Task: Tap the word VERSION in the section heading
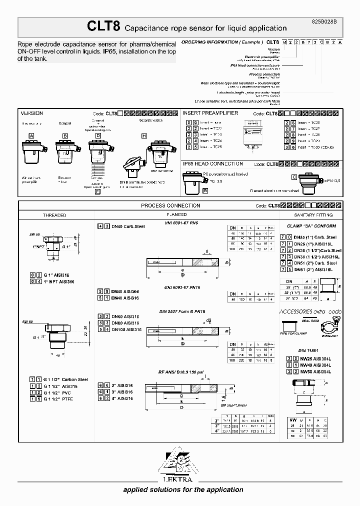pos(31,113)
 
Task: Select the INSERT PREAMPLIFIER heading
pos(210,113)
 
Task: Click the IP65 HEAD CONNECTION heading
pos(213,164)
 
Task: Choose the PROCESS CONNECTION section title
pos(170,205)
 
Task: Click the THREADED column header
pos(54,215)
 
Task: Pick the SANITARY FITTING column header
pos(311,215)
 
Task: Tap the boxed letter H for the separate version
pos(144,136)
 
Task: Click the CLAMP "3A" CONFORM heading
pos(311,226)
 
